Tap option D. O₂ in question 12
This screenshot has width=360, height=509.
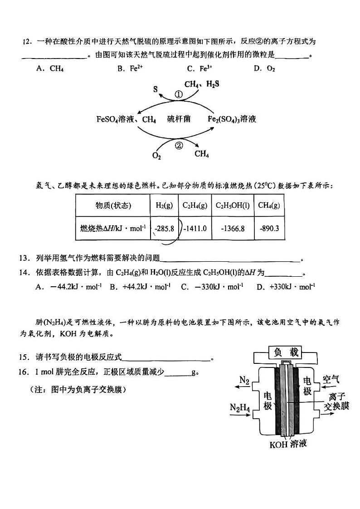[x=264, y=69]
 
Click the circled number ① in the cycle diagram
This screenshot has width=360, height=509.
[x=178, y=95]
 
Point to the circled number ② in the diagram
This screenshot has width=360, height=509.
[x=178, y=146]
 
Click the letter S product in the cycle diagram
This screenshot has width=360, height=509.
[x=156, y=89]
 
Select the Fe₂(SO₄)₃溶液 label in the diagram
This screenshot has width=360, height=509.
[x=232, y=119]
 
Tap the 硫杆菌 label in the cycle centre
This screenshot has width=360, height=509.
[x=178, y=119]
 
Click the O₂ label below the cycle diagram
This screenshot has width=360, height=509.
[x=156, y=156]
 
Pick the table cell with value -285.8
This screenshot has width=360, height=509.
[x=164, y=228]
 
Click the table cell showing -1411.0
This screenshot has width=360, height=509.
[x=195, y=228]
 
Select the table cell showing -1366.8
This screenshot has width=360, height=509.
[x=232, y=228]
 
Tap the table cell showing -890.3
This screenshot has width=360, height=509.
[x=268, y=228]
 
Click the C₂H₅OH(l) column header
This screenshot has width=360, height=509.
[x=232, y=206]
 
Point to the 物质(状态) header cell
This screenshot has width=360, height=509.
[x=113, y=206]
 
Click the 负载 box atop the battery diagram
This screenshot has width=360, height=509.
[x=285, y=352]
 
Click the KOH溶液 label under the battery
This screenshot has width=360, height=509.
[x=288, y=444]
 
